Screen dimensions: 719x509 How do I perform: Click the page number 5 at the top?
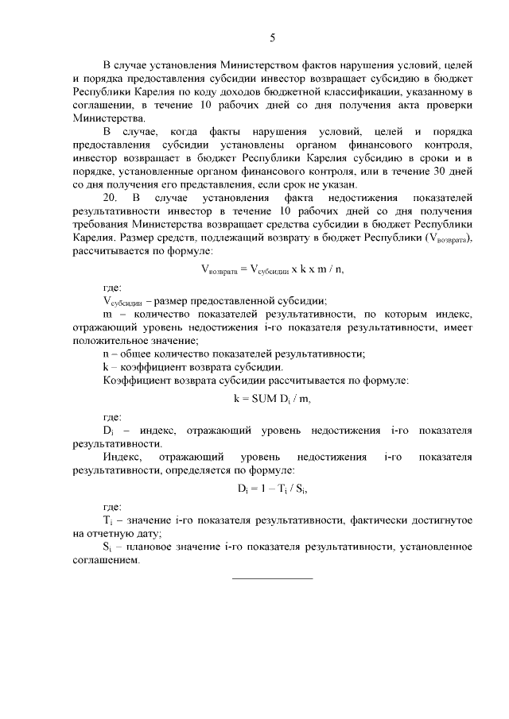[272, 37]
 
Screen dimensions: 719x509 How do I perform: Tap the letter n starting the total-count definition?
[107, 354]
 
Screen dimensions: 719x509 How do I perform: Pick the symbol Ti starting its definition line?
[108, 520]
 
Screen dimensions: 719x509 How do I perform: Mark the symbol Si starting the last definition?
[108, 547]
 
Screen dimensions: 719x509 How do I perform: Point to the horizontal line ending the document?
[272, 578]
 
